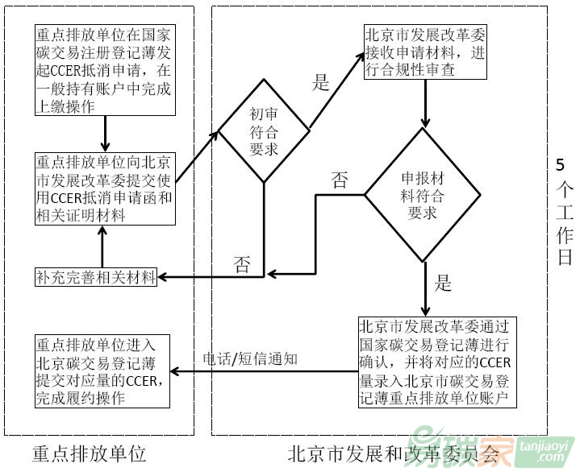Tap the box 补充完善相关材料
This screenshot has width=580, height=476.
[96, 277]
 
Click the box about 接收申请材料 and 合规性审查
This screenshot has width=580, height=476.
[424, 53]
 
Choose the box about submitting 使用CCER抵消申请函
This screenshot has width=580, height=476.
[104, 187]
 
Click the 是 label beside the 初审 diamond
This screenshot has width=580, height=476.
[321, 82]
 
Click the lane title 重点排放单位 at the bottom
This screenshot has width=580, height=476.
[89, 453]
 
